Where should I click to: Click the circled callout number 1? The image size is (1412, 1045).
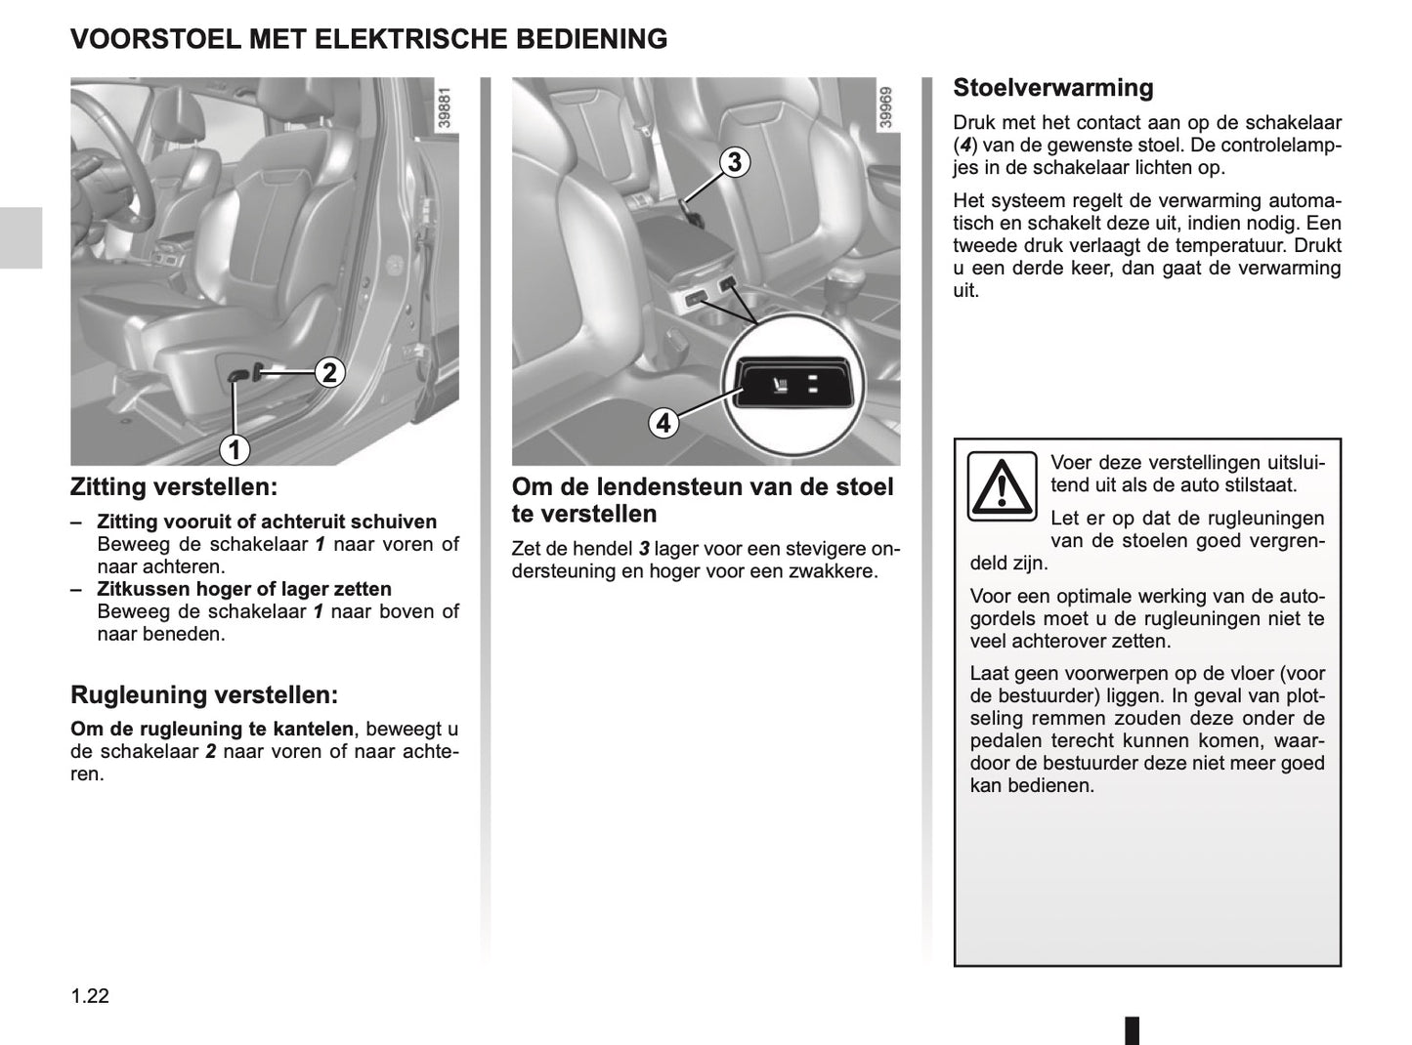(234, 449)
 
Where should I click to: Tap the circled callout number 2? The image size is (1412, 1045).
(329, 372)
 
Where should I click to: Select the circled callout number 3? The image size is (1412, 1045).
(735, 162)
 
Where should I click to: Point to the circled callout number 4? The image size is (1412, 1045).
(663, 423)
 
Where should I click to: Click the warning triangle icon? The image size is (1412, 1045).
(1001, 485)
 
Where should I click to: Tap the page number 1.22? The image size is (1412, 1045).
(90, 996)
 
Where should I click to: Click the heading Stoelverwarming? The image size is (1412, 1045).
(1052, 88)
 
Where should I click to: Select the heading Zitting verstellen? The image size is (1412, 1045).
(174, 486)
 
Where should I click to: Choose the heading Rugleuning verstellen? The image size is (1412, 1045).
(204, 695)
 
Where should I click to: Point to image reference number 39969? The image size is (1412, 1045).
(885, 108)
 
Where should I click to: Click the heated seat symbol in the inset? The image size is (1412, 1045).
(780, 384)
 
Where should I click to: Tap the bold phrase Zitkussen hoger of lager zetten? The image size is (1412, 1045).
(244, 589)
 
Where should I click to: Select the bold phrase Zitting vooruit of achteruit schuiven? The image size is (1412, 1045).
(267, 522)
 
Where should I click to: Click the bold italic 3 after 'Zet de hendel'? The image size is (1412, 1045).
(644, 549)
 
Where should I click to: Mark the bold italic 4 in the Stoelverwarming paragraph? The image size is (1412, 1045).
(963, 146)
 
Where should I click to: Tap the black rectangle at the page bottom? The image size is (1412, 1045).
(1132, 1030)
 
